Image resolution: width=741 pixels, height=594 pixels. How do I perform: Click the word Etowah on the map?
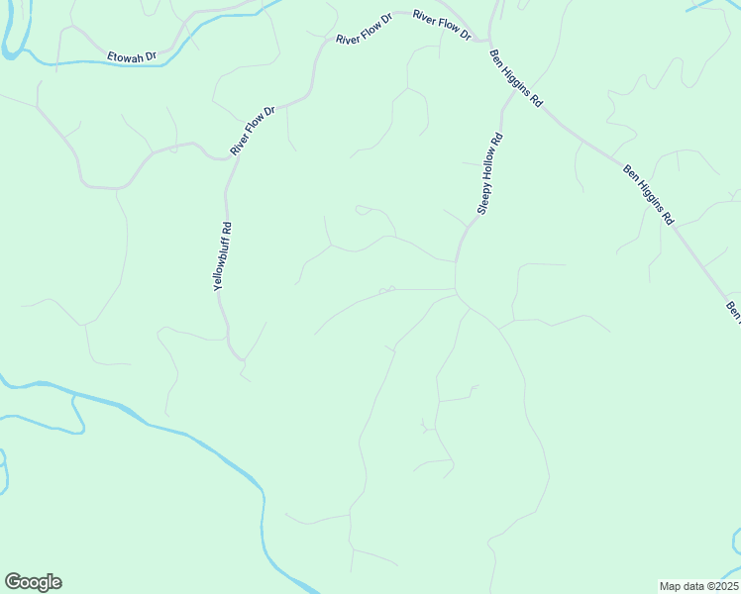(125, 57)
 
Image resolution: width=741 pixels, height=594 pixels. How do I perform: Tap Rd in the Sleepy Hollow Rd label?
(498, 140)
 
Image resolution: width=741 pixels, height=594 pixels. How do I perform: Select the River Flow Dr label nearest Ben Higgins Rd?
(442, 25)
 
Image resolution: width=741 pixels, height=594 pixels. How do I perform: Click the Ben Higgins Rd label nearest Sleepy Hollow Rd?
(517, 81)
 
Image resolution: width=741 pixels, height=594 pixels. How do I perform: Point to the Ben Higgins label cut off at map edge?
(733, 311)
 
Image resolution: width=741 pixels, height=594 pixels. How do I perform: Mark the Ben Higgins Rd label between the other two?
(648, 194)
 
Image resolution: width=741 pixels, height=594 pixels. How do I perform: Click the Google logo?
(33, 582)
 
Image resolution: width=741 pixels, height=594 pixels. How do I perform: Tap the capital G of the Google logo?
(13, 581)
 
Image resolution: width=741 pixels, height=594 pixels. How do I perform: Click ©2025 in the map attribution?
(719, 586)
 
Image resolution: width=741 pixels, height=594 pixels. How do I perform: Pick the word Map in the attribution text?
(670, 586)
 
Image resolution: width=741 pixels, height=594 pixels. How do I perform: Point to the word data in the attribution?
(691, 586)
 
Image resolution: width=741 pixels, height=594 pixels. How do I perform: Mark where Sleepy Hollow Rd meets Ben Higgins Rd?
(486, 42)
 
